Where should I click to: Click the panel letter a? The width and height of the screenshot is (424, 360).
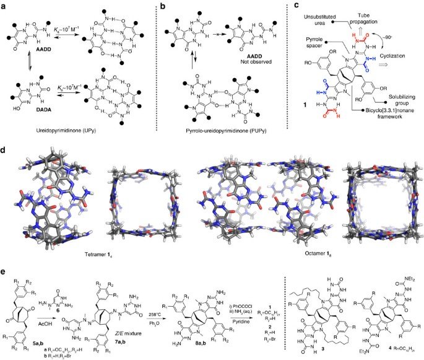5,6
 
